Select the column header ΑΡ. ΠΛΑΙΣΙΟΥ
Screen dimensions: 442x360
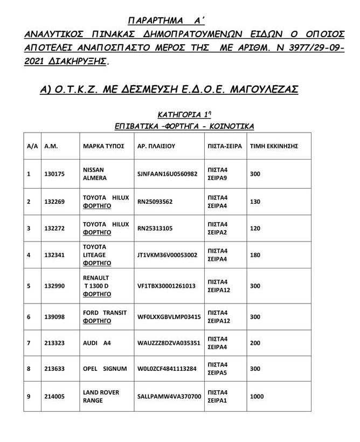click(x=156, y=146)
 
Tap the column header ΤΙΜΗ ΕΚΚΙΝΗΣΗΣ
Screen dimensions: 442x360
click(x=273, y=146)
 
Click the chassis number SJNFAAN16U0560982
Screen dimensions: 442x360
click(x=168, y=174)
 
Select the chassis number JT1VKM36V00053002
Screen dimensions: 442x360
click(x=168, y=255)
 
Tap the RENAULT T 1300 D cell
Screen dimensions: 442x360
click(x=98, y=286)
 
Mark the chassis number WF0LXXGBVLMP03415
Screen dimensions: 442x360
click(x=169, y=317)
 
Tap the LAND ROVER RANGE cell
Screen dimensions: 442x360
click(x=101, y=396)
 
